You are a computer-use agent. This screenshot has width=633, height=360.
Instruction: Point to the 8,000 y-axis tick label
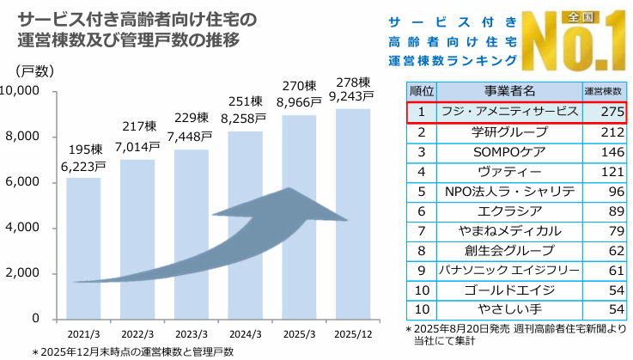(37, 137)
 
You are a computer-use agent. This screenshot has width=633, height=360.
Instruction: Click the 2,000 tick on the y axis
(37, 273)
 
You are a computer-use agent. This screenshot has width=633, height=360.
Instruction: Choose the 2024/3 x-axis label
(245, 333)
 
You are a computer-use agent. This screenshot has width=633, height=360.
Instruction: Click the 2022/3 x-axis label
(137, 333)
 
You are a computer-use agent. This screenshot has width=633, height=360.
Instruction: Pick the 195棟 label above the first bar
(83, 149)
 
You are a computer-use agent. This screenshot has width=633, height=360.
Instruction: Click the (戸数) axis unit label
(35, 70)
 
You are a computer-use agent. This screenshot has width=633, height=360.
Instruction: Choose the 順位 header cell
(422, 89)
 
